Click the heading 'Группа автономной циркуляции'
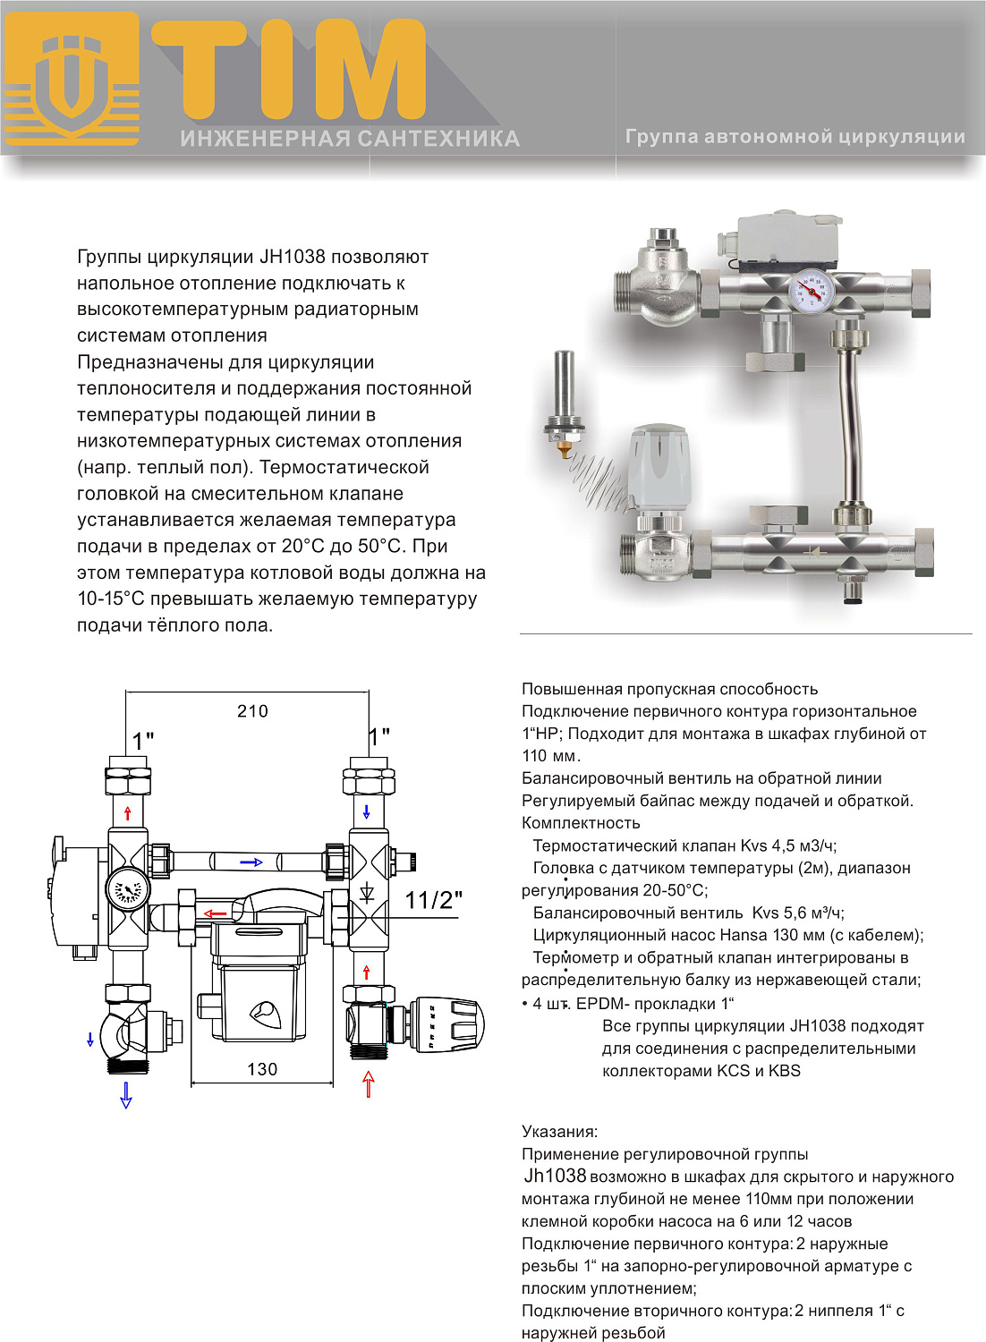(795, 137)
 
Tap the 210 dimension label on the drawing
(252, 711)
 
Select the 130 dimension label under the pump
(262, 1069)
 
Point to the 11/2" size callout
(433, 900)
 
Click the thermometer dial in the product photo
(812, 292)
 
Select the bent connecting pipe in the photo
(850, 420)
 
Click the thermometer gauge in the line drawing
(126, 891)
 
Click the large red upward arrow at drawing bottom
(368, 1083)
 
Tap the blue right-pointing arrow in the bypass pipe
(251, 862)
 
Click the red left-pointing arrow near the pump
(215, 913)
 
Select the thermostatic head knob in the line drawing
(447, 1025)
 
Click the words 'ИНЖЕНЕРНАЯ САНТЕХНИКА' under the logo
(350, 139)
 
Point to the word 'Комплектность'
(581, 823)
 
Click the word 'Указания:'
(559, 1132)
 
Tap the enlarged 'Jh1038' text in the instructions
(555, 1176)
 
